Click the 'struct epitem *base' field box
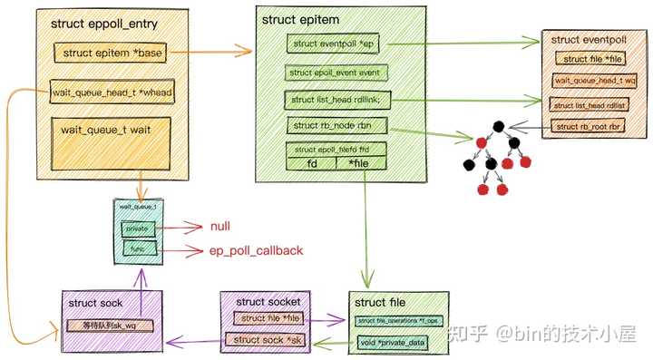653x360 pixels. (110, 53)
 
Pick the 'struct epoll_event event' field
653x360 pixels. (337, 72)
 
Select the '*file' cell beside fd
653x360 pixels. (360, 164)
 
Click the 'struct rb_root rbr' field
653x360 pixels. (590, 125)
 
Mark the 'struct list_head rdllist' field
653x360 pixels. (590, 103)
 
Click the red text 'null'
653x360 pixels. (221, 225)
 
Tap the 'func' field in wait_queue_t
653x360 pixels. (138, 248)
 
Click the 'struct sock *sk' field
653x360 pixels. (265, 339)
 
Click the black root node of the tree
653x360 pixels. (500, 127)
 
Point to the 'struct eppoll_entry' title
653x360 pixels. (100, 22)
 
